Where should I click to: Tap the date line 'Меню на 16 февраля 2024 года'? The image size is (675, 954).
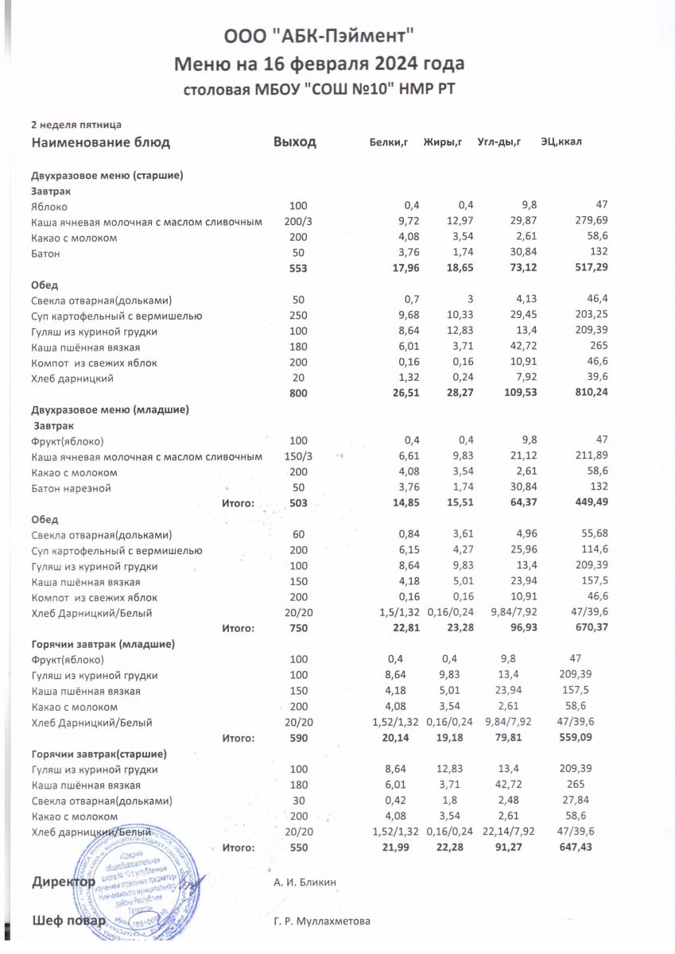click(320, 63)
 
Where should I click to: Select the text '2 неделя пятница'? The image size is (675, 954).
click(76, 125)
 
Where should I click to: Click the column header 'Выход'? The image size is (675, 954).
click(295, 142)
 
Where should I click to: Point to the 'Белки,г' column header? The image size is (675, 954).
click(389, 143)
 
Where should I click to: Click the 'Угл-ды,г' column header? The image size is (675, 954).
click(498, 143)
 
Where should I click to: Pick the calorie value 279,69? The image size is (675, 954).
click(590, 222)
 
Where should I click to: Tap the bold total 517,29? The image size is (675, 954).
click(589, 269)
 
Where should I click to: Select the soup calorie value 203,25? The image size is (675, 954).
click(590, 316)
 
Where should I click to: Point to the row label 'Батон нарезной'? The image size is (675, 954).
click(71, 487)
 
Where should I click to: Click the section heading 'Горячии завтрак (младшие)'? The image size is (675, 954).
click(103, 644)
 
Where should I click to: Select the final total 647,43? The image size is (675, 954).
click(576, 847)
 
